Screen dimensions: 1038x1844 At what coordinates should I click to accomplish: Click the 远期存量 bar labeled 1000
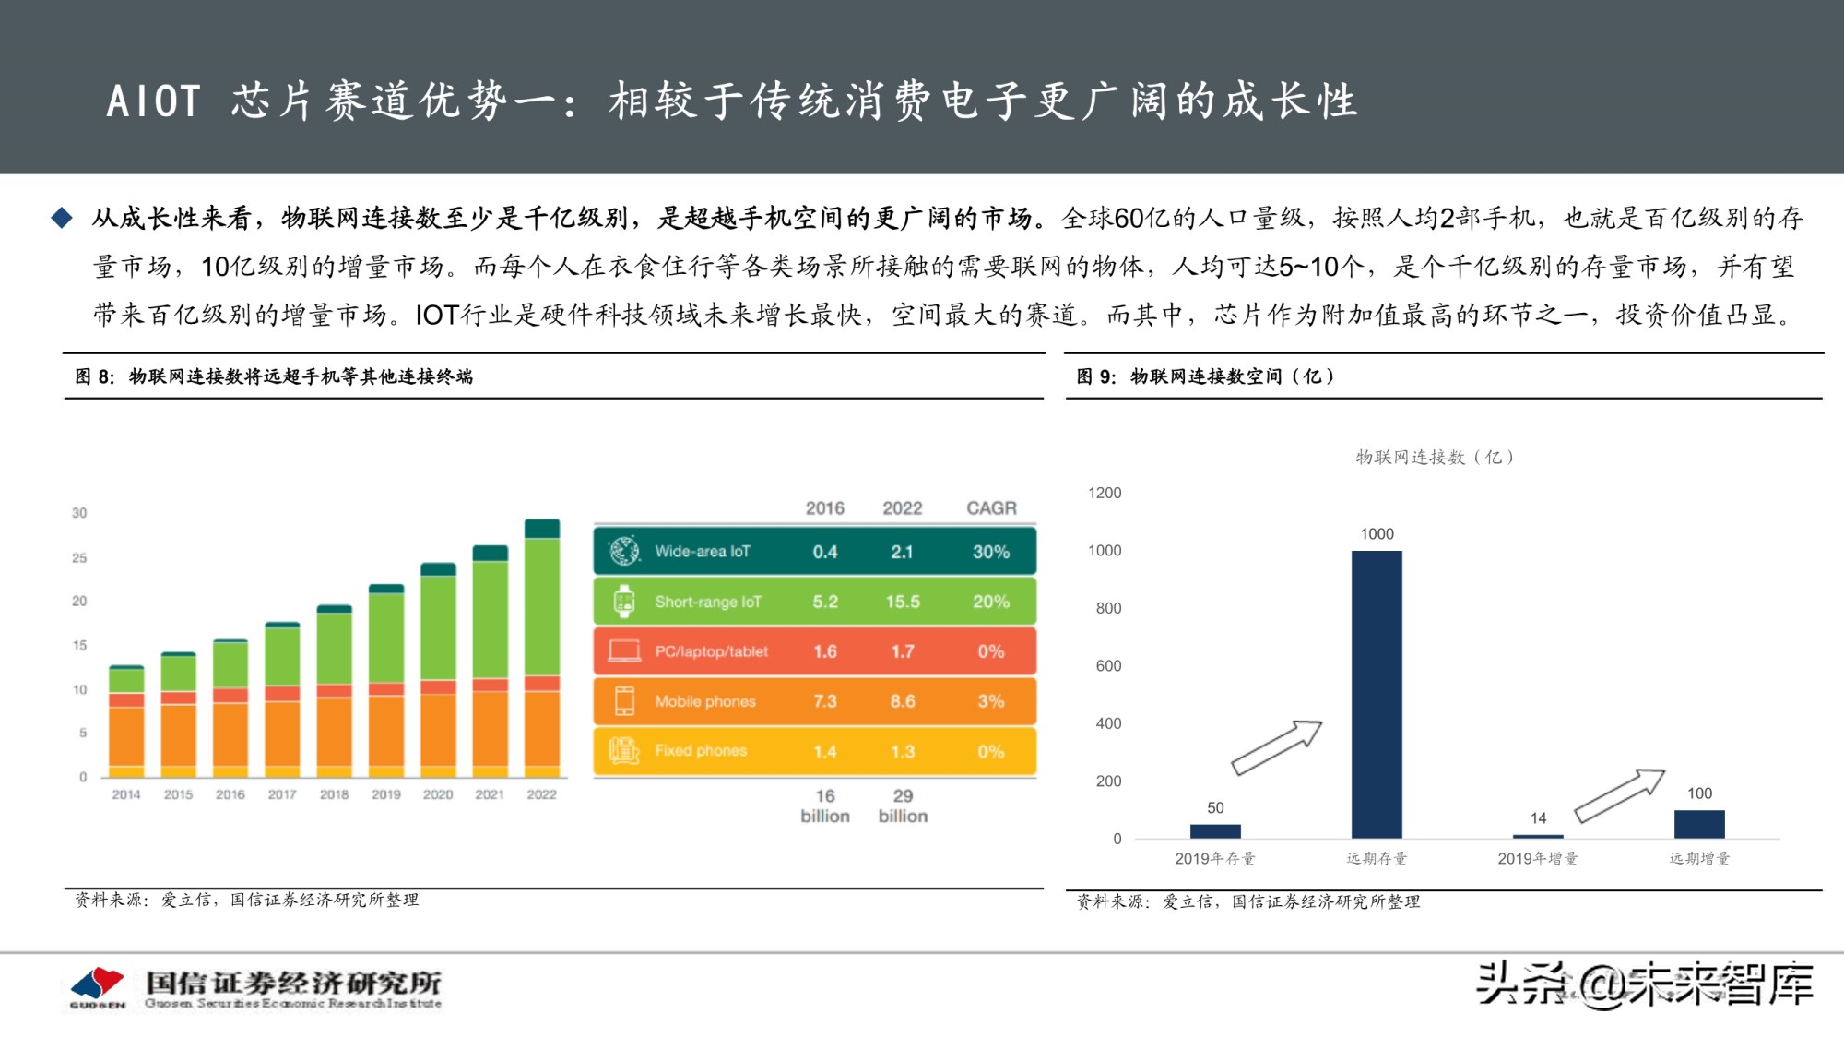tap(1377, 694)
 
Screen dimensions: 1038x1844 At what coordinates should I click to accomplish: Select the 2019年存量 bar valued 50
tap(1215, 830)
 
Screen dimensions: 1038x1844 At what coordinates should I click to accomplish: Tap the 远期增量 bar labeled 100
tap(1699, 824)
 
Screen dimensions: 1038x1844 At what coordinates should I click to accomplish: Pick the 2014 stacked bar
tap(126, 721)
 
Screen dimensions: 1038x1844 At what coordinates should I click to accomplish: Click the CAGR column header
tap(991, 508)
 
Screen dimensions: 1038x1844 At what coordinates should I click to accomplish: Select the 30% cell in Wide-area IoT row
tap(991, 552)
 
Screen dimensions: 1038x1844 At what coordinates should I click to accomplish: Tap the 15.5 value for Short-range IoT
tap(903, 602)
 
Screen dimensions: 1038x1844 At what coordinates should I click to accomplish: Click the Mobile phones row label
tap(704, 701)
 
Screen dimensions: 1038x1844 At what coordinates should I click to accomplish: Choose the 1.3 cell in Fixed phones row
tap(903, 751)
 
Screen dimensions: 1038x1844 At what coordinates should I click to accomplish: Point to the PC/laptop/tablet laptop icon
tap(624, 651)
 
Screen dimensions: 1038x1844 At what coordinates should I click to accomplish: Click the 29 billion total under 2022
tap(903, 805)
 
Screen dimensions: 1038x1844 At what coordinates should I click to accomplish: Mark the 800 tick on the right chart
tap(1108, 608)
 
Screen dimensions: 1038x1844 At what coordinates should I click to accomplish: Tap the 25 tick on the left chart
tap(79, 558)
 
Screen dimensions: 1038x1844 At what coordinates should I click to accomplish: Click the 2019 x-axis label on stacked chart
tap(386, 794)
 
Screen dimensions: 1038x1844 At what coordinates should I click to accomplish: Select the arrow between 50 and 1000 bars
tap(1277, 746)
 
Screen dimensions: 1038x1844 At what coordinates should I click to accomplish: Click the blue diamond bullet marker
tap(62, 218)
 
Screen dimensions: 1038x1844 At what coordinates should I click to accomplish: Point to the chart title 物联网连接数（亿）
tap(1434, 457)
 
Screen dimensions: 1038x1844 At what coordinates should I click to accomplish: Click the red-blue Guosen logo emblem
tap(98, 985)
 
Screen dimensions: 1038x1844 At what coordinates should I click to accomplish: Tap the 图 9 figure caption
tap(1205, 376)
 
